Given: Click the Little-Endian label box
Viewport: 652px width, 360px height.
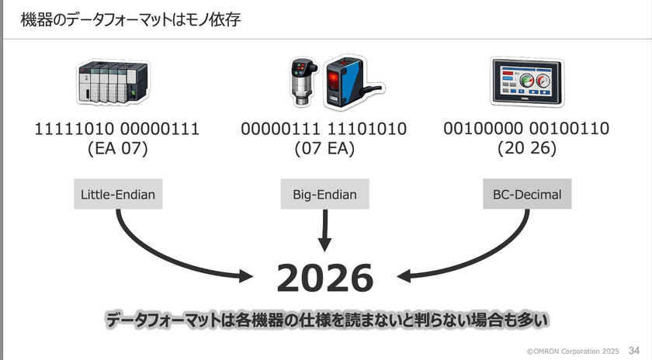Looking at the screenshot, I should click(x=118, y=195).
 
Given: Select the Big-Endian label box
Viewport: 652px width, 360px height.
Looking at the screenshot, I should click(x=324, y=195).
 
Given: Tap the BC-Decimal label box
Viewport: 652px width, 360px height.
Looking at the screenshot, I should click(x=527, y=195).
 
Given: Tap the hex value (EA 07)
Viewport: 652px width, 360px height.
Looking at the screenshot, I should click(x=117, y=149).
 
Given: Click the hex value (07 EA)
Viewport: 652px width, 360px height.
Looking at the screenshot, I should click(x=324, y=149).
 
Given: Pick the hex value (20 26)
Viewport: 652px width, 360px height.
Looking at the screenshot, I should click(x=527, y=149).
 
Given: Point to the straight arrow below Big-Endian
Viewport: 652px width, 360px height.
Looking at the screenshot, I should click(x=324, y=232).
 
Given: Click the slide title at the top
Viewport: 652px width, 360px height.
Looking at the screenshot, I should click(x=130, y=19).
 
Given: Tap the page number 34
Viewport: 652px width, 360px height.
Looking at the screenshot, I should click(x=633, y=350).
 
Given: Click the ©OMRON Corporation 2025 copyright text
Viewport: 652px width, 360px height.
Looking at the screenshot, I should click(x=573, y=351).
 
